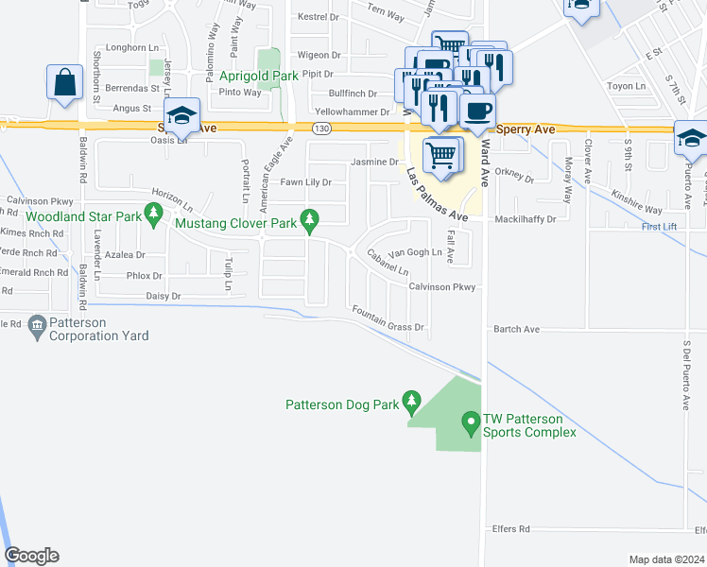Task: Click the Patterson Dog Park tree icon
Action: (x=411, y=404)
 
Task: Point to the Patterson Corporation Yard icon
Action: (x=37, y=327)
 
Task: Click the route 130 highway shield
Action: (x=321, y=128)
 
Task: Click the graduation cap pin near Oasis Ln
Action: (x=182, y=114)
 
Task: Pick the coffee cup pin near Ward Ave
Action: (x=477, y=110)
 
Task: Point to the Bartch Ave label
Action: (x=516, y=330)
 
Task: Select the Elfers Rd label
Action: (x=510, y=529)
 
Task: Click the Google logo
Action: (x=31, y=556)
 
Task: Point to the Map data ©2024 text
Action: (x=665, y=559)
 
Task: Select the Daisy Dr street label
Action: (x=163, y=297)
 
